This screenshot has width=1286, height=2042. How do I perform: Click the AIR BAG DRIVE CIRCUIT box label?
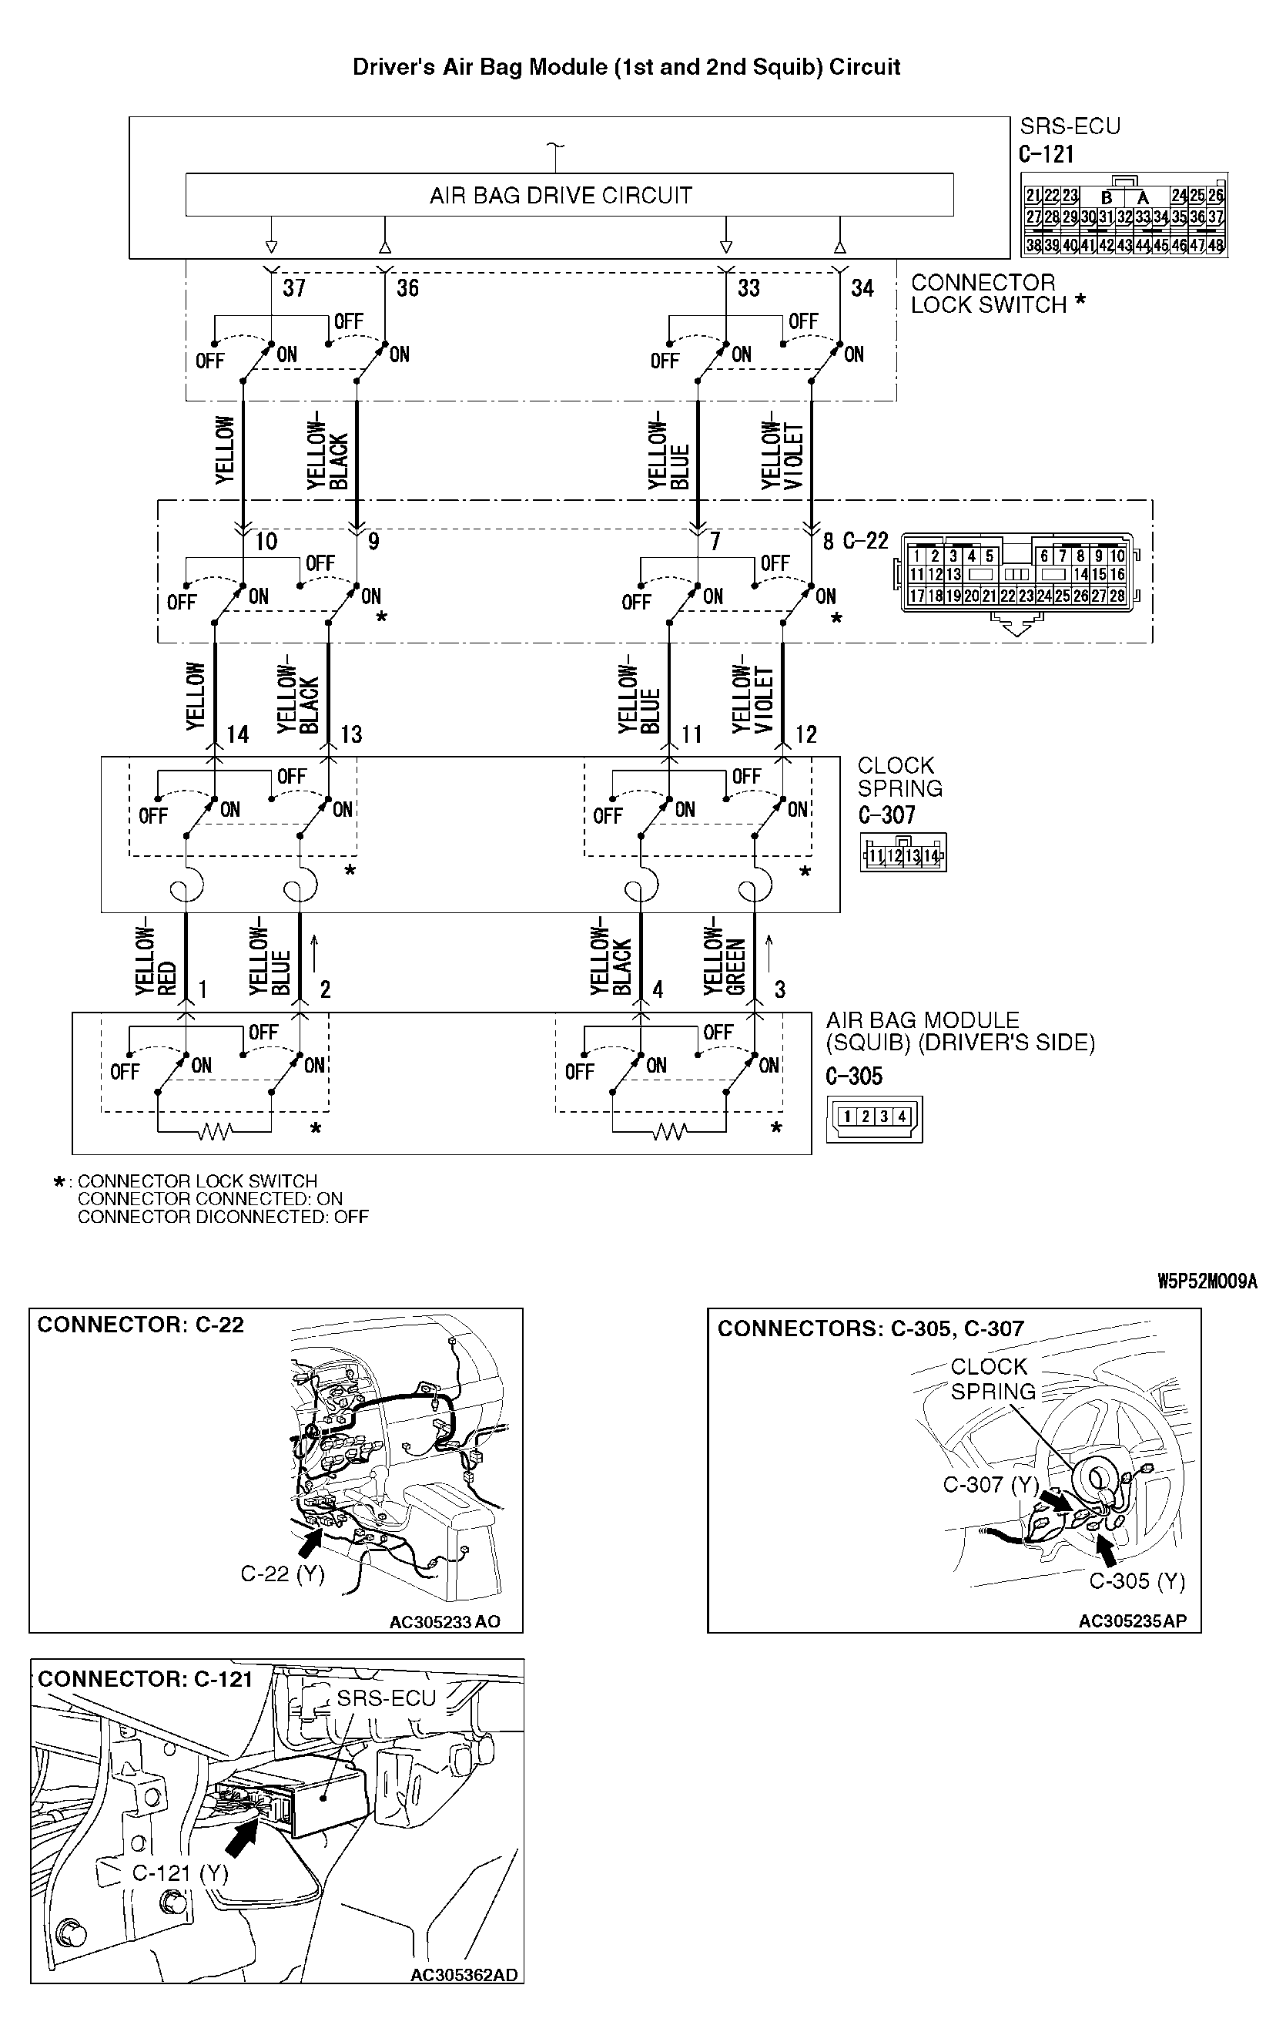click(561, 196)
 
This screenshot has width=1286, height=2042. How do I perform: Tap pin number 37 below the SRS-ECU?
click(293, 288)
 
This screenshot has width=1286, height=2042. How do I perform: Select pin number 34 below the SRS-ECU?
click(862, 288)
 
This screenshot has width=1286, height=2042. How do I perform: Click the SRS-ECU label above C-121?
click(1070, 126)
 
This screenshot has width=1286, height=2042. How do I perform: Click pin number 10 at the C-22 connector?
click(266, 542)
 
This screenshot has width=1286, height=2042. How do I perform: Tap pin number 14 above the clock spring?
click(237, 734)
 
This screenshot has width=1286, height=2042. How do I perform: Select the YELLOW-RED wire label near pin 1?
click(155, 956)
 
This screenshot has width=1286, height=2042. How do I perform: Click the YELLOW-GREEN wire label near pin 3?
click(724, 956)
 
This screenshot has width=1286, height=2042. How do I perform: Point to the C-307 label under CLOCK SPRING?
click(886, 815)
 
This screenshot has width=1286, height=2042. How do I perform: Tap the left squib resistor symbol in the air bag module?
click(213, 1131)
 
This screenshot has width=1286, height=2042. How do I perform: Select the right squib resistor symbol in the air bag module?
click(669, 1131)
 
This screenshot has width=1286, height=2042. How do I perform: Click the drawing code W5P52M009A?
click(1207, 1282)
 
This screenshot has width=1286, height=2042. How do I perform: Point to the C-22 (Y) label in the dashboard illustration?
click(283, 1574)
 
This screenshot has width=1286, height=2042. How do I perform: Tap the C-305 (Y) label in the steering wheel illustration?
click(1136, 1580)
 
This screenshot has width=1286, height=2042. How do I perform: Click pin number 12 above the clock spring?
click(805, 734)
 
